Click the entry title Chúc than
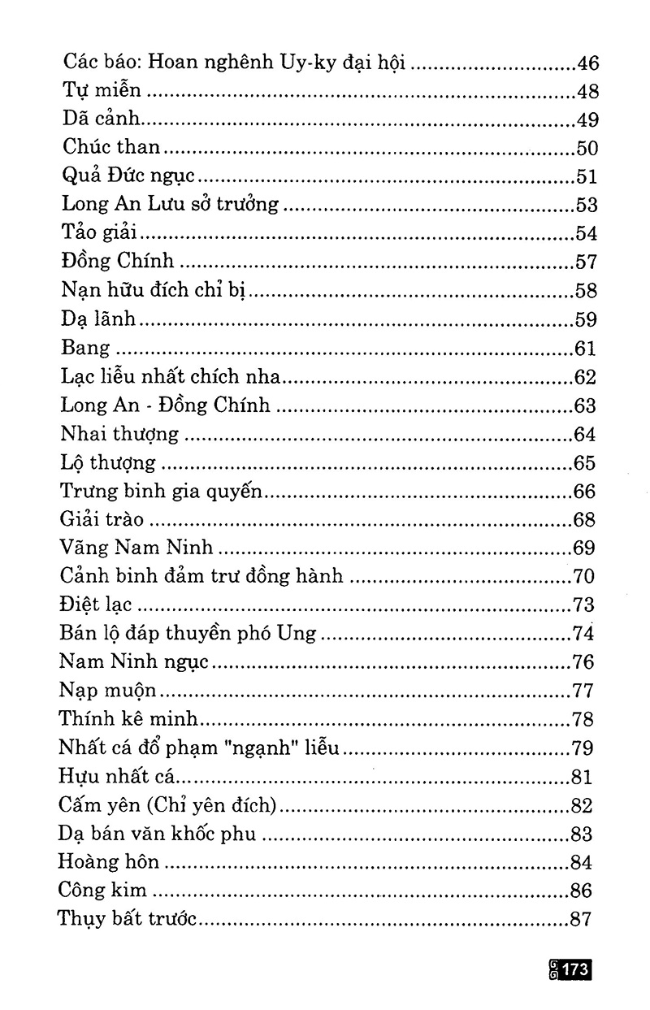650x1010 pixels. (x=112, y=148)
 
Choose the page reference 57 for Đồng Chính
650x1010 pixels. (x=585, y=262)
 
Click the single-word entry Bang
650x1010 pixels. (x=84, y=348)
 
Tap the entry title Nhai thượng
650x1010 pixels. (x=119, y=434)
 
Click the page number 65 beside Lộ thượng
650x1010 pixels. (x=585, y=463)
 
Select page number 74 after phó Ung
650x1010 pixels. (x=583, y=635)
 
